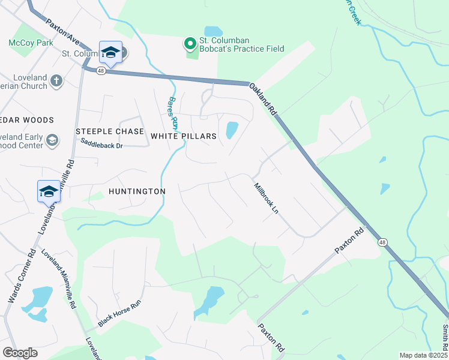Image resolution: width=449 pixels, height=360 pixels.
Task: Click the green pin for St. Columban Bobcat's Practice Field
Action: pyautogui.click(x=190, y=43)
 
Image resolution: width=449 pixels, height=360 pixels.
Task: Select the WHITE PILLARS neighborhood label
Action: pyautogui.click(x=183, y=136)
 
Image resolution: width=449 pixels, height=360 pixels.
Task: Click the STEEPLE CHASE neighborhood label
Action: pyautogui.click(x=110, y=131)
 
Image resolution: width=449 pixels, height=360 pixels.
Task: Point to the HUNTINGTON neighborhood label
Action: pyautogui.click(x=137, y=191)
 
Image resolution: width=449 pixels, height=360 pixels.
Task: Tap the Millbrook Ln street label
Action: pyautogui.click(x=267, y=199)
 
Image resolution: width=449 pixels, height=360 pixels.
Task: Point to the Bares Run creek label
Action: pyautogui.click(x=173, y=113)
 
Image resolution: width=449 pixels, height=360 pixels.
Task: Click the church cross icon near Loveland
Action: pyautogui.click(x=56, y=80)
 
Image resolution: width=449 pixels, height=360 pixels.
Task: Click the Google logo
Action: pyautogui.click(x=20, y=352)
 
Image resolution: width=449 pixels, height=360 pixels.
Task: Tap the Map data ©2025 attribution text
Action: pyautogui.click(x=423, y=355)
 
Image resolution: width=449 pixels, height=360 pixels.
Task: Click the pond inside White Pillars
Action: pyautogui.click(x=231, y=130)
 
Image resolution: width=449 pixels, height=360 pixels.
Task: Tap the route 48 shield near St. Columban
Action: pyautogui.click(x=100, y=71)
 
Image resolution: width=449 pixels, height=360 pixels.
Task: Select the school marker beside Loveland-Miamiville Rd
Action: pyautogui.click(x=49, y=191)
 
